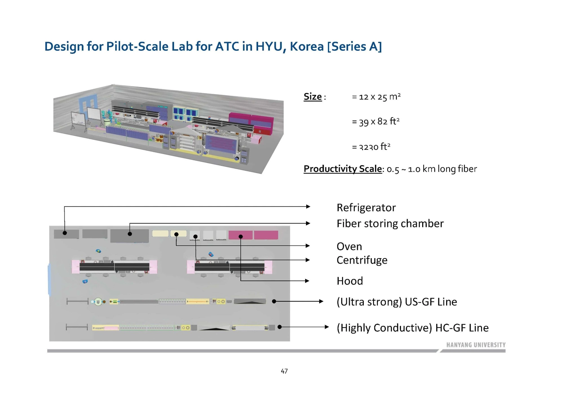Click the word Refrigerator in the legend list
366,208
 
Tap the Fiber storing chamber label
390,224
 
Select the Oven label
349,246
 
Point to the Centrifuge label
362,260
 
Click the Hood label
350,281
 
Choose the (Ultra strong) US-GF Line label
396,302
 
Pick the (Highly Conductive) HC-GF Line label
412,328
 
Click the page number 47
284,371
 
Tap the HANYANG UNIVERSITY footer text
476,345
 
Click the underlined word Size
312,97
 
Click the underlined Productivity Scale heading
342,169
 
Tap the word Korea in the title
307,47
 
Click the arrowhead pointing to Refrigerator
309,206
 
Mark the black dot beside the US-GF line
274,301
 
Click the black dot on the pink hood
241,237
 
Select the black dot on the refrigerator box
65,233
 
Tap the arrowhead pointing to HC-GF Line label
327,327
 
